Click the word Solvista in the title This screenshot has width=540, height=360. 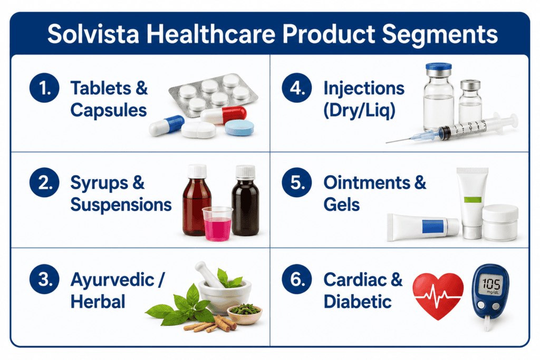click(x=93, y=34)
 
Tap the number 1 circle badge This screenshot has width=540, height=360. click(x=44, y=88)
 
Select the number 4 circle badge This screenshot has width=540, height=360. click(x=297, y=88)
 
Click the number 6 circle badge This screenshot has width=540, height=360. click(x=297, y=279)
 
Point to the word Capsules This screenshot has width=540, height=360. click(x=109, y=111)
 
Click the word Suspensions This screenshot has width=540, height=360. click(x=121, y=205)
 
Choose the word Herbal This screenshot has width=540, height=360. click(x=98, y=301)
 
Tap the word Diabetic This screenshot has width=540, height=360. click(x=358, y=301)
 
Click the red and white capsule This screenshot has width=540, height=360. click(x=224, y=114)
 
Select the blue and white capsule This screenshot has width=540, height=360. click(x=167, y=125)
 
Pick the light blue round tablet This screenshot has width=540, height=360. click(x=239, y=128)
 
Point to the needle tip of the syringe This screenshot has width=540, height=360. click(x=387, y=142)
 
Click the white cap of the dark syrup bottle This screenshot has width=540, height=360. click(x=245, y=172)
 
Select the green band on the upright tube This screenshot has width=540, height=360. click(x=472, y=200)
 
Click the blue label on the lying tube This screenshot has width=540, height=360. click(x=433, y=227)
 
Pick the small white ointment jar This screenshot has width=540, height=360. click(x=500, y=222)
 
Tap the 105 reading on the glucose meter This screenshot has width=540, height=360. click(x=491, y=284)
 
